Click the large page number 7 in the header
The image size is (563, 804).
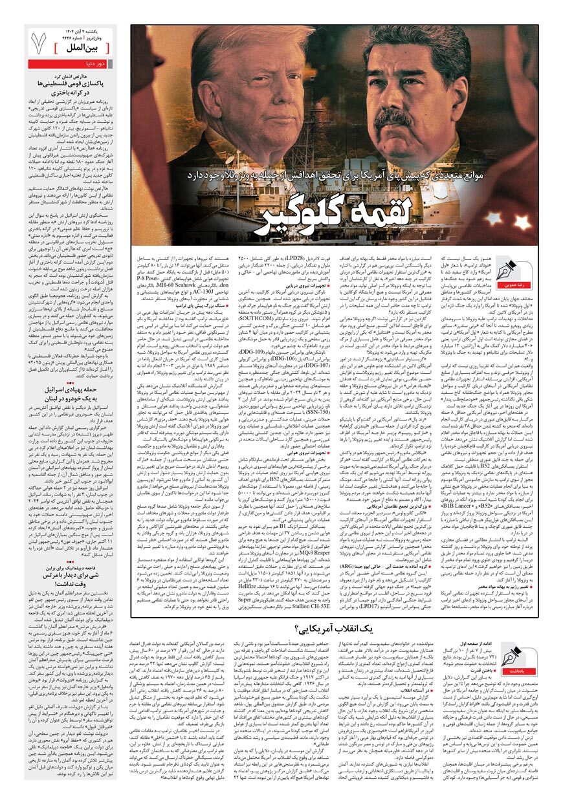pyautogui.click(x=38, y=43)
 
